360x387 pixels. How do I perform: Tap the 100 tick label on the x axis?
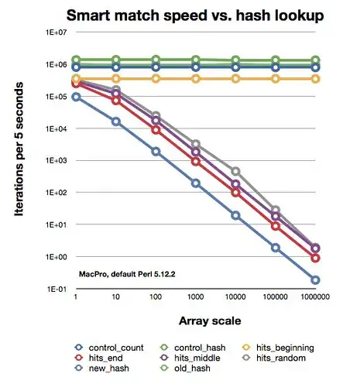point(156,298)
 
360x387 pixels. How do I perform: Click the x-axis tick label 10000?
point(235,298)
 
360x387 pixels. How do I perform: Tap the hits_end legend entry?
point(108,358)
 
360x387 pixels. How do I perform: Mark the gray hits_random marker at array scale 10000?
point(235,171)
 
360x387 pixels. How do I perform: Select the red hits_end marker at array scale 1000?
point(196,161)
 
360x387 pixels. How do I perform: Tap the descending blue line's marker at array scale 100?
point(156,152)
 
